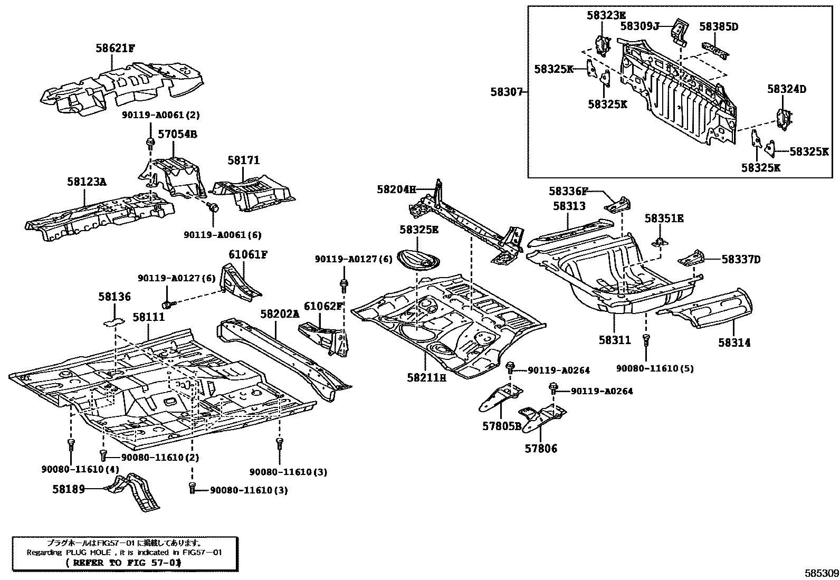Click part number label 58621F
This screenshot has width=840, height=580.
click(x=115, y=48)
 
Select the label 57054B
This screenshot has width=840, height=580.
click(x=178, y=134)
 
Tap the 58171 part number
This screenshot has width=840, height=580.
click(x=244, y=160)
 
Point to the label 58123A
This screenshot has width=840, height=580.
click(x=87, y=182)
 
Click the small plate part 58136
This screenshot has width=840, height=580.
click(x=113, y=320)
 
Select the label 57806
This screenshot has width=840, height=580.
click(x=540, y=449)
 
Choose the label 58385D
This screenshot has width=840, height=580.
click(x=718, y=26)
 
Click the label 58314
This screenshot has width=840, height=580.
click(x=734, y=343)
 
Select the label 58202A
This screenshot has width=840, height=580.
click(x=280, y=313)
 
